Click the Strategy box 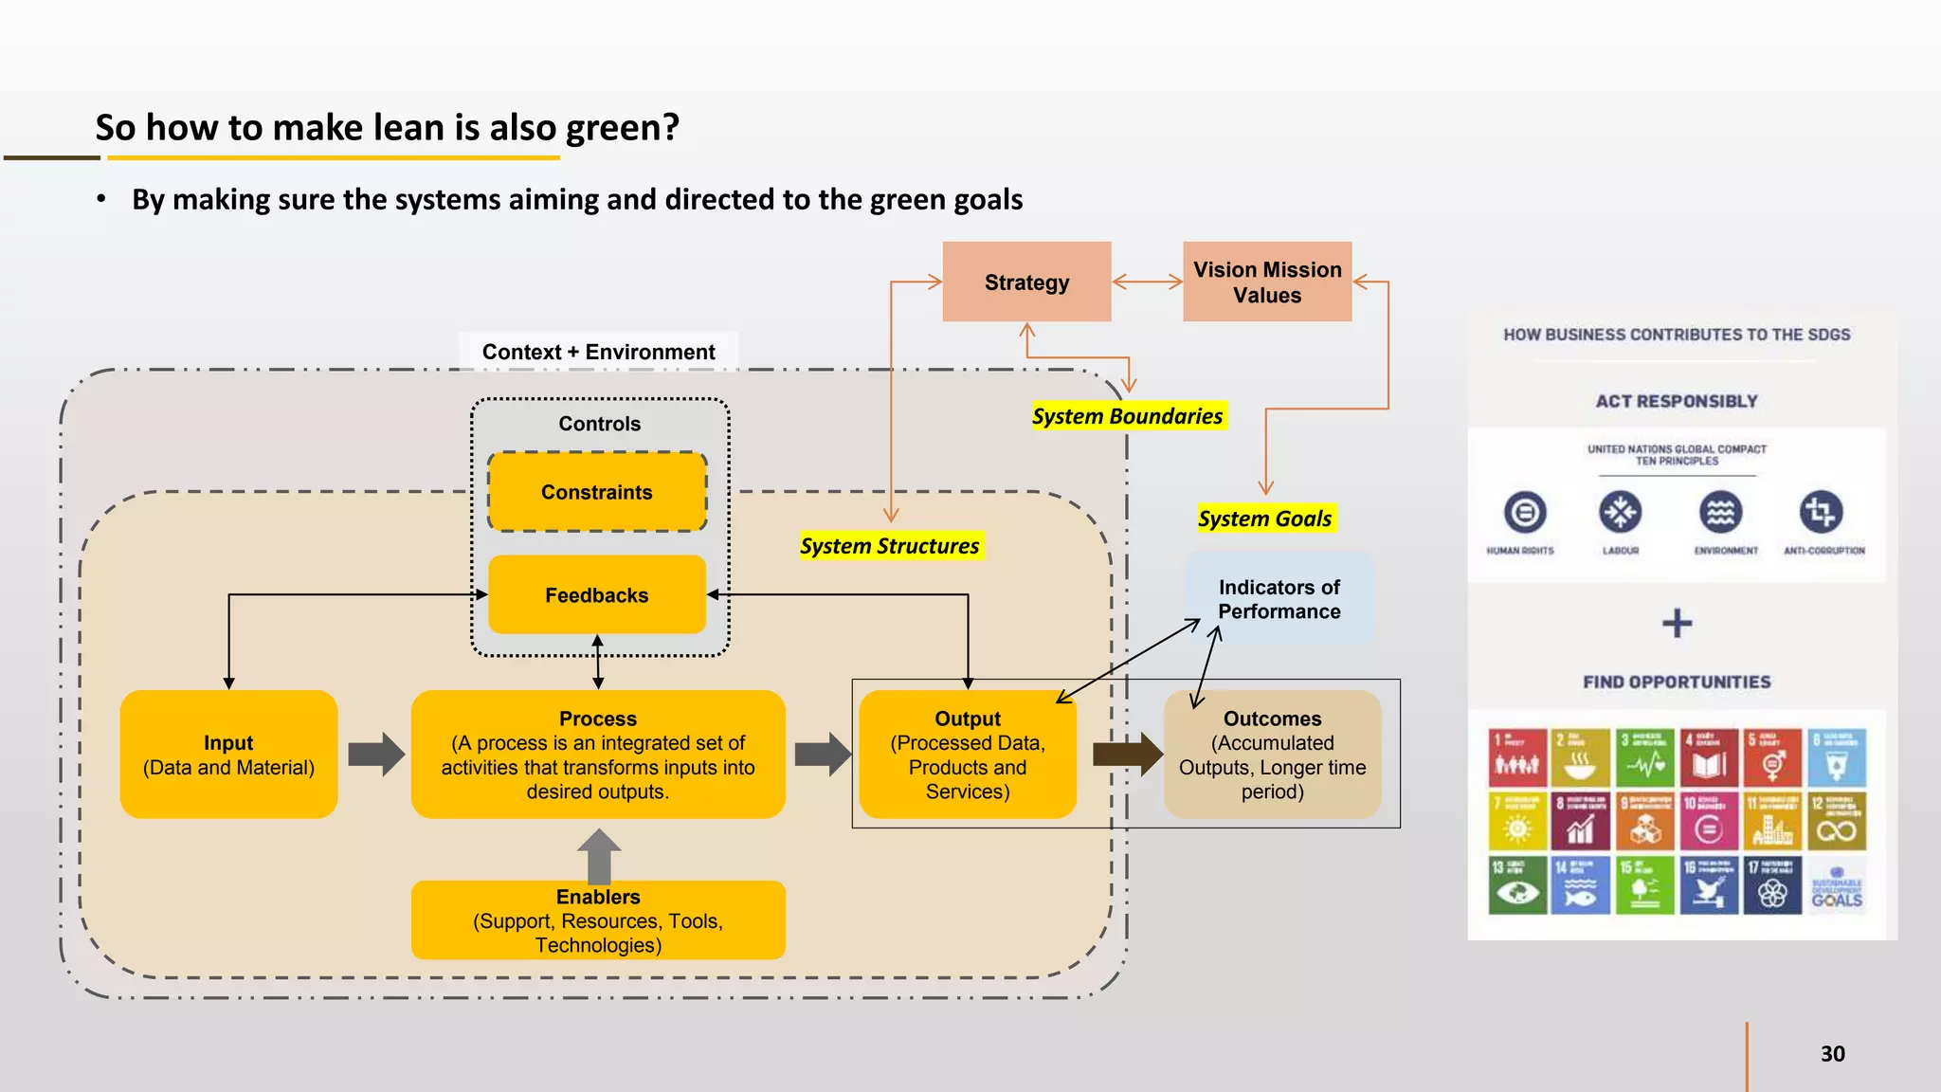[x=1026, y=282]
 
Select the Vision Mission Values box [x=1267, y=282]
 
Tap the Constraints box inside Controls [x=597, y=492]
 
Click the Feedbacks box [x=597, y=595]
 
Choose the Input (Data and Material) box [x=228, y=755]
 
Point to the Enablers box [x=598, y=920]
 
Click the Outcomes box [x=1272, y=755]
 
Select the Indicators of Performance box [x=1279, y=599]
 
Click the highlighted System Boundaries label [x=1127, y=416]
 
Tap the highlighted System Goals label [x=1264, y=519]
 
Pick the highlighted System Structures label [x=889, y=546]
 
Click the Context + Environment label [x=598, y=352]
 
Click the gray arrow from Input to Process [x=376, y=755]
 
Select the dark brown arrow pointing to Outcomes [x=1127, y=755]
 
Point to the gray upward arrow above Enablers [x=599, y=855]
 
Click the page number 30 [x=1832, y=1054]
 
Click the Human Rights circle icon [x=1524, y=513]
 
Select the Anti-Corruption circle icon [x=1821, y=513]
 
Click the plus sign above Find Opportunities [x=1677, y=623]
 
